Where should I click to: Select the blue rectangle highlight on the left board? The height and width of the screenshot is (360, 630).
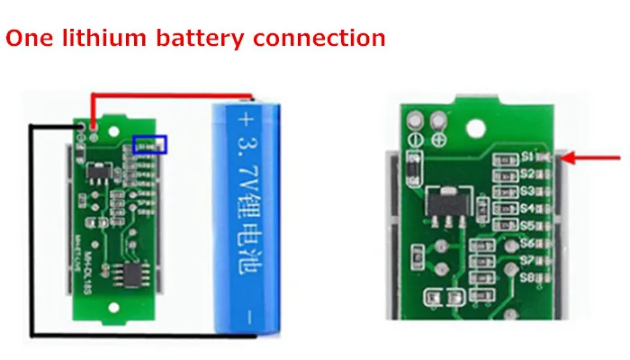149,144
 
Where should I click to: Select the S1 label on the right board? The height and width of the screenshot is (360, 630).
528,157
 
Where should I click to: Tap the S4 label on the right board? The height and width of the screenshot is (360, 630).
528,208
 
